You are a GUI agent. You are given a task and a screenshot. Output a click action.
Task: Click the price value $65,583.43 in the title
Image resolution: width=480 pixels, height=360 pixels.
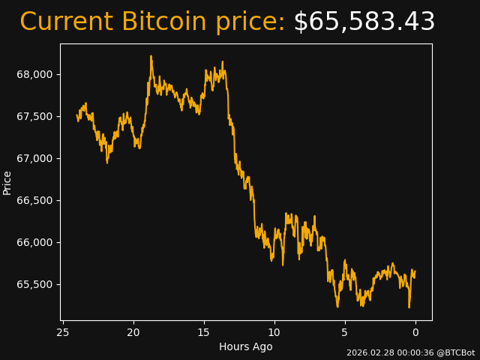[364, 22]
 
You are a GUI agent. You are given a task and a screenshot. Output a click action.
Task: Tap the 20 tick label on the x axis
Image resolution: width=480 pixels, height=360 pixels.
[133, 332]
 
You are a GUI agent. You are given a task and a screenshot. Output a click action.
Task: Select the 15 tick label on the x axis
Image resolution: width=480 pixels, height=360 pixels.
[203, 332]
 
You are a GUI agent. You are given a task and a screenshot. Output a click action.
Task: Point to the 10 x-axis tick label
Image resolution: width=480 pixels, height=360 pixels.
[274, 332]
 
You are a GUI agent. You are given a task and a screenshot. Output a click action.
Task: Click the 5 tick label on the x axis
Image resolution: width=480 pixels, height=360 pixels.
[345, 332]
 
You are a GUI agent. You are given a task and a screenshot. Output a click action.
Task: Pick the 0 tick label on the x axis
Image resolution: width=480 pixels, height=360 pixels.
[415, 332]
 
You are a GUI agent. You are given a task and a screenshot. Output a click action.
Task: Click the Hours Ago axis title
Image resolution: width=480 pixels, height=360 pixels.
[245, 346]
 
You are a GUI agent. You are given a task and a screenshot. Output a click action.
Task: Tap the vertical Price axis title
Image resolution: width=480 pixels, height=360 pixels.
[7, 182]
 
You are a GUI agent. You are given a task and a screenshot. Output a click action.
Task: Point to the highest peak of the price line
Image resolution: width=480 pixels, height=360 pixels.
[151, 56]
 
